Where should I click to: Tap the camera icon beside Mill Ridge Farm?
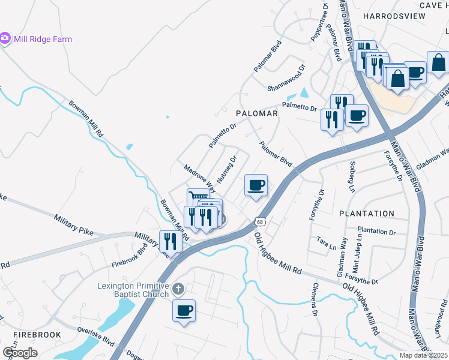[5, 38]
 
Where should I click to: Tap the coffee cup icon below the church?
[184, 311]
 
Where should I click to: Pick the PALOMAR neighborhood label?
[257, 113]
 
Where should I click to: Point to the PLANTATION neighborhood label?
[367, 214]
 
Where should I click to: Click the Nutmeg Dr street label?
[228, 170]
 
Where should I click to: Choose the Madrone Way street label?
[199, 178]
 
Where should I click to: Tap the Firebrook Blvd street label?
[129, 259]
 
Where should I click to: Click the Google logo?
[19, 353]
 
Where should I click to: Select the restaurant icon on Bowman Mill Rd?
[170, 241]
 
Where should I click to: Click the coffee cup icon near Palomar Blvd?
[256, 185]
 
